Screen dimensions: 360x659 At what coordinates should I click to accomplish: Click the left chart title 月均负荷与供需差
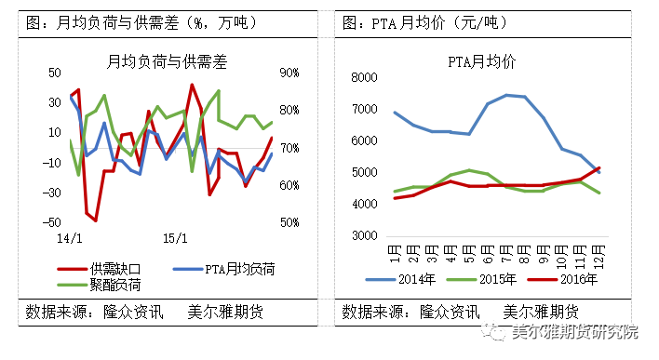point(167,62)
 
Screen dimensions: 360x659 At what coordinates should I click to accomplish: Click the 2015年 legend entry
point(502,277)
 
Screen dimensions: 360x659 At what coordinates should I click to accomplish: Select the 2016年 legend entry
point(582,277)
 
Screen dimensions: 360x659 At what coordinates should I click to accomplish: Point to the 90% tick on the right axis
point(288,73)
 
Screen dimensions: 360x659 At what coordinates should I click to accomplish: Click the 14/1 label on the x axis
point(70,239)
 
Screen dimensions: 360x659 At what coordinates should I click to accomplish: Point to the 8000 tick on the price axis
point(365,78)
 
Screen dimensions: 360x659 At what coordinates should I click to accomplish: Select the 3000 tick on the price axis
point(365,236)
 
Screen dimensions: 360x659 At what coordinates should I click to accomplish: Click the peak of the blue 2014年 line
point(507,94)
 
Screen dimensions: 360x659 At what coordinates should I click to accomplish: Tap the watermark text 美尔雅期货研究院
point(576,332)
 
